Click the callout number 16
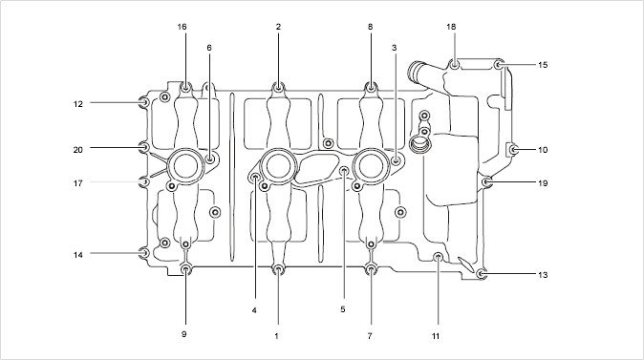(182, 27)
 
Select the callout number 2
(278, 27)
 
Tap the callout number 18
(451, 27)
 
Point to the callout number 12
(78, 104)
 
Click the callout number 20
(78, 150)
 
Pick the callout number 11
(436, 336)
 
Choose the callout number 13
(543, 275)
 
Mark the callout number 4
(254, 310)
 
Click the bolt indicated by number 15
(499, 65)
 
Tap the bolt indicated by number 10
(513, 150)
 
